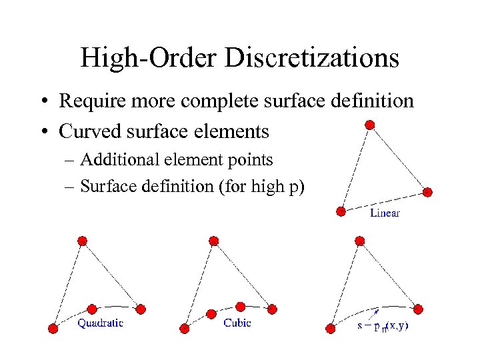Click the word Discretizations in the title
pyautogui.click(x=311, y=58)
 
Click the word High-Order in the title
pyautogui.click(x=149, y=58)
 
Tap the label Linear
pyautogui.click(x=385, y=213)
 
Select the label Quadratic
pyautogui.click(x=101, y=323)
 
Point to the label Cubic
pyautogui.click(x=237, y=323)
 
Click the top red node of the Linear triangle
pyautogui.click(x=370, y=125)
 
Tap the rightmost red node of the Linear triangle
pyautogui.click(x=428, y=192)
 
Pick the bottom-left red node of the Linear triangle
pyautogui.click(x=341, y=211)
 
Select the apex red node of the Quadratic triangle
pyautogui.click(x=82, y=240)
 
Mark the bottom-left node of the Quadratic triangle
pyautogui.click(x=53, y=327)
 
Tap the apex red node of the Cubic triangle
pyautogui.click(x=214, y=241)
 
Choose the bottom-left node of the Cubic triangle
pyautogui.click(x=185, y=327)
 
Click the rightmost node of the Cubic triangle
pyautogui.click(x=272, y=308)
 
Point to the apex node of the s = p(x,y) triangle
pyautogui.click(x=360, y=241)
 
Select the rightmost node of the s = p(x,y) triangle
pyautogui.click(x=418, y=308)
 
